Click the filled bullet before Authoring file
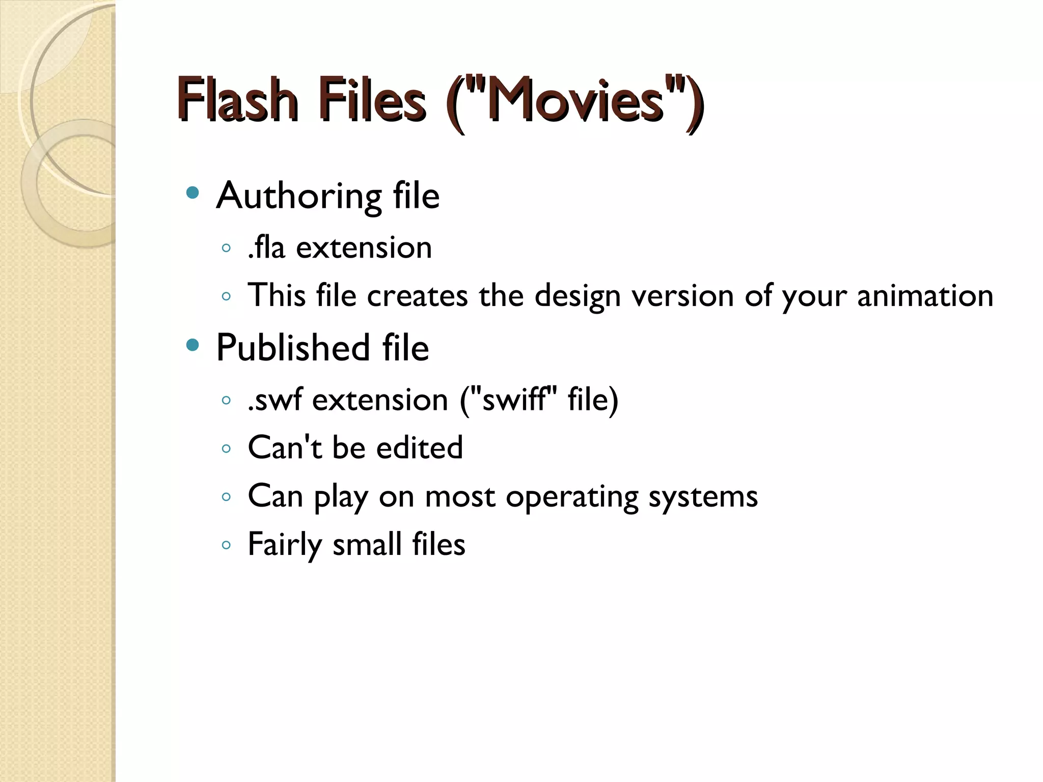[x=193, y=192]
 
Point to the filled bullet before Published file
[x=193, y=345]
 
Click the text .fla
[x=266, y=247]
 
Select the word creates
[x=417, y=296]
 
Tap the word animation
[x=925, y=296]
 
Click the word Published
[x=293, y=348]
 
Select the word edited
[x=420, y=448]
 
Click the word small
[x=367, y=544]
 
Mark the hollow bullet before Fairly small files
[x=227, y=545]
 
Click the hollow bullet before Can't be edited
[x=227, y=449]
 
